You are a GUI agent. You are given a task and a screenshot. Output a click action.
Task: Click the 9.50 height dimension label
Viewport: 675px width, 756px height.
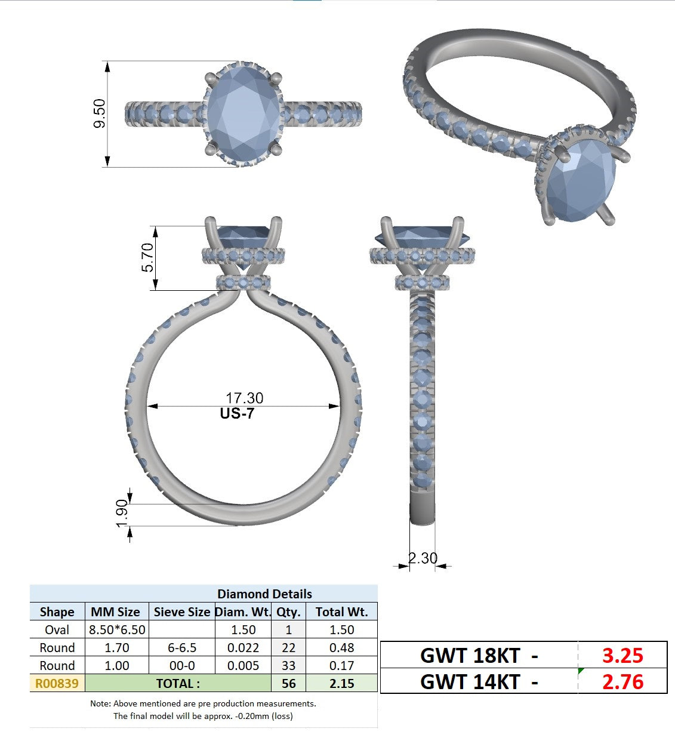click(100, 113)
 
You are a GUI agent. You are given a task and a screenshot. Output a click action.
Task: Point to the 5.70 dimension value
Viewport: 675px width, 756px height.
click(147, 257)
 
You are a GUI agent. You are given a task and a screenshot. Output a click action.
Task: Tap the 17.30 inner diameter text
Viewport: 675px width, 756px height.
click(245, 398)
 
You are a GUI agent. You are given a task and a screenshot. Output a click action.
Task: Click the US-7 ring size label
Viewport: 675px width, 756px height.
click(237, 413)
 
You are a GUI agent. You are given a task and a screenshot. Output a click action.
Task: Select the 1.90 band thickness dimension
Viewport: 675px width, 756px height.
click(122, 514)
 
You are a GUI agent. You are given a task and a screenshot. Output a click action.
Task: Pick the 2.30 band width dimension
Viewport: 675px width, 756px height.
click(423, 558)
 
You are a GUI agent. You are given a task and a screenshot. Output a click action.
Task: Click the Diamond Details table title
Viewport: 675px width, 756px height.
click(264, 594)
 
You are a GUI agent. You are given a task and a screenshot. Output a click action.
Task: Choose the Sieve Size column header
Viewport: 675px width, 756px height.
click(182, 612)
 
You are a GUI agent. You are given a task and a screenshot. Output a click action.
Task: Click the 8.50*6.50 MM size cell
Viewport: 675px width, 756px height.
click(117, 630)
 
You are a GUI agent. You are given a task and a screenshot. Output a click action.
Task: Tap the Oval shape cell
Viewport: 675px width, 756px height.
click(57, 630)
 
